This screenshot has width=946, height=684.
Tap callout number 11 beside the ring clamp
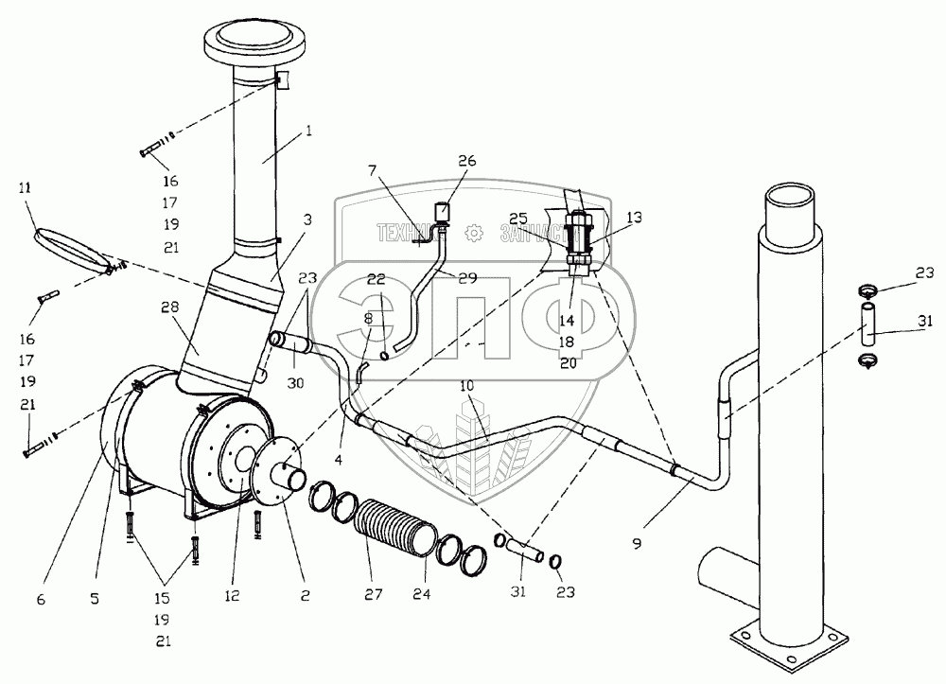point(25,189)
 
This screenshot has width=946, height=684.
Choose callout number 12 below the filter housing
point(233,596)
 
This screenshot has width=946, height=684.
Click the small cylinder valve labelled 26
point(442,209)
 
